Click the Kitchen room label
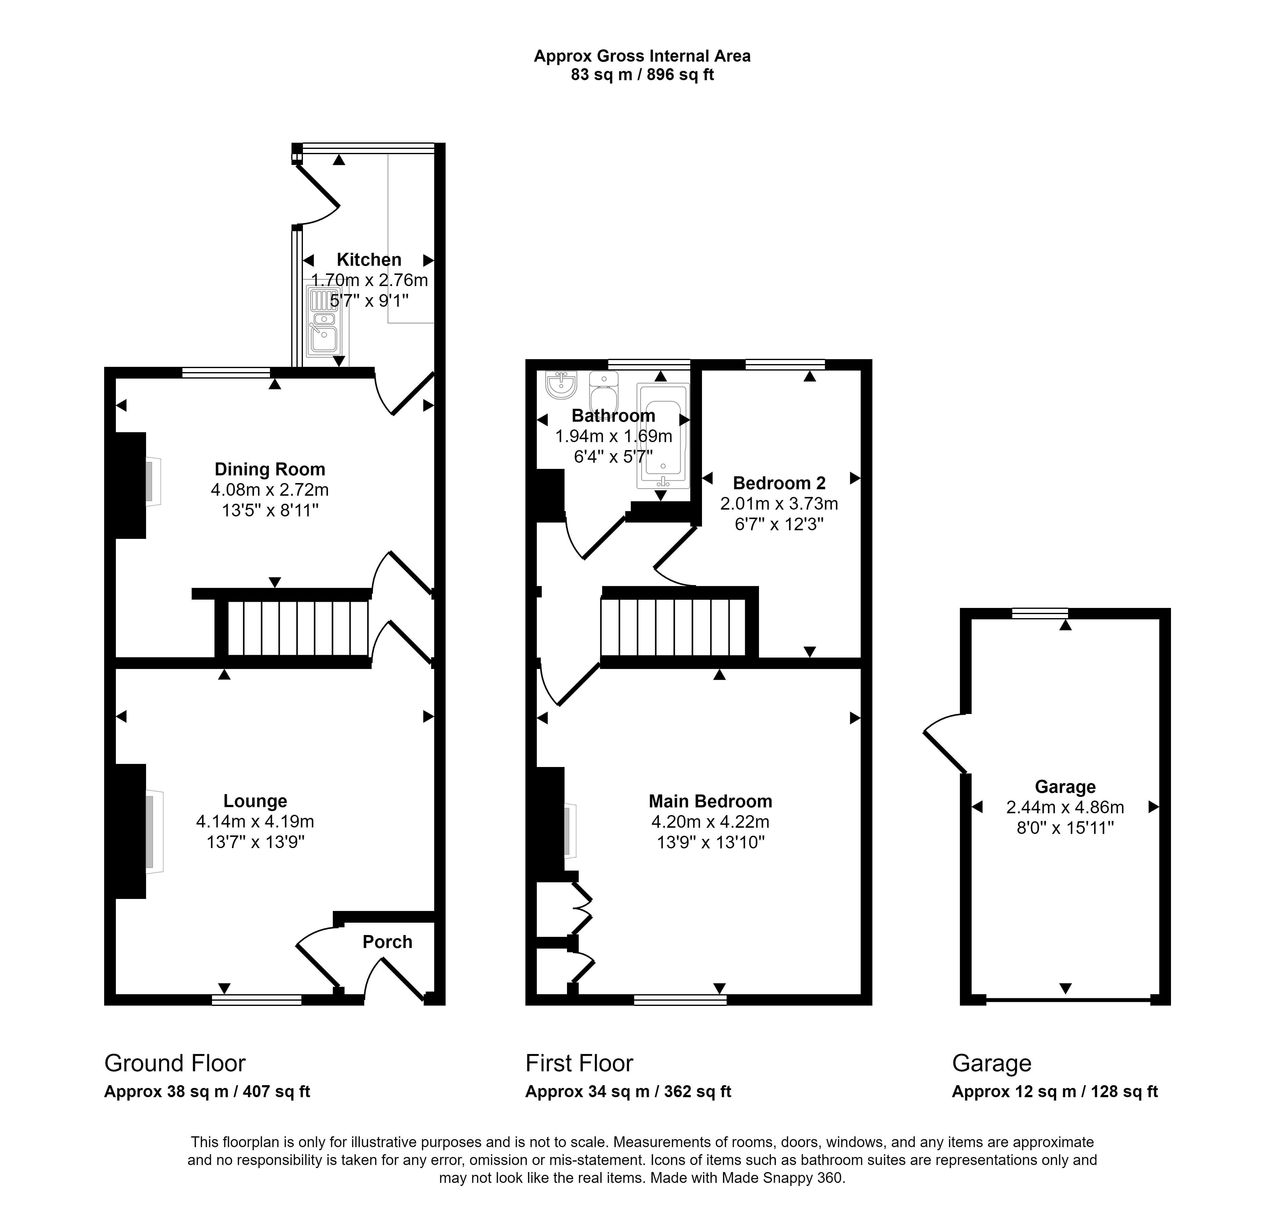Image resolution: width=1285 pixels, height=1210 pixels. pos(369,260)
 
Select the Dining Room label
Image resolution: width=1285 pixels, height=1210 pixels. pos(270,470)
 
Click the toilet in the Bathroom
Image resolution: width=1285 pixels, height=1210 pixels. pos(604,392)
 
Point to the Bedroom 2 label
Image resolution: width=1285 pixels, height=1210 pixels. pos(780,483)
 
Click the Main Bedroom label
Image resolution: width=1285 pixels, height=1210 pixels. pos(710,801)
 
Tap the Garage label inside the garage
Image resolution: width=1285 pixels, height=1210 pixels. pos(1065,787)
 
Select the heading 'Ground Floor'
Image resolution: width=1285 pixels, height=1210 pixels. pos(175,1063)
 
